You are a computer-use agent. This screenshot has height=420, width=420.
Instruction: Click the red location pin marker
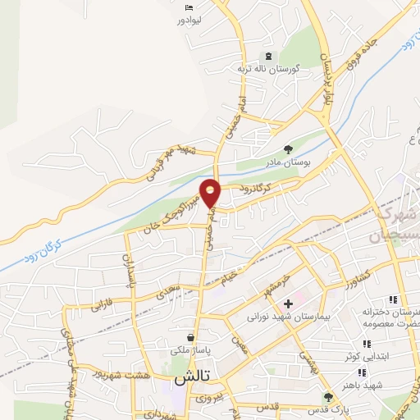coord(211,191)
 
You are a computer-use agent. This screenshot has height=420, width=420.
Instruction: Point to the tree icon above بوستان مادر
coord(288,148)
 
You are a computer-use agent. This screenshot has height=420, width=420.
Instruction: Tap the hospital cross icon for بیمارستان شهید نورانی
coord(288,304)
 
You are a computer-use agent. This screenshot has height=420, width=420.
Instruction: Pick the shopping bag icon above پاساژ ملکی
coord(190,337)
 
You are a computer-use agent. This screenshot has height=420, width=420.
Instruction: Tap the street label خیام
coord(232,279)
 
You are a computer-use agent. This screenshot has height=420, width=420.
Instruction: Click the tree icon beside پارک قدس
coord(328,397)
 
